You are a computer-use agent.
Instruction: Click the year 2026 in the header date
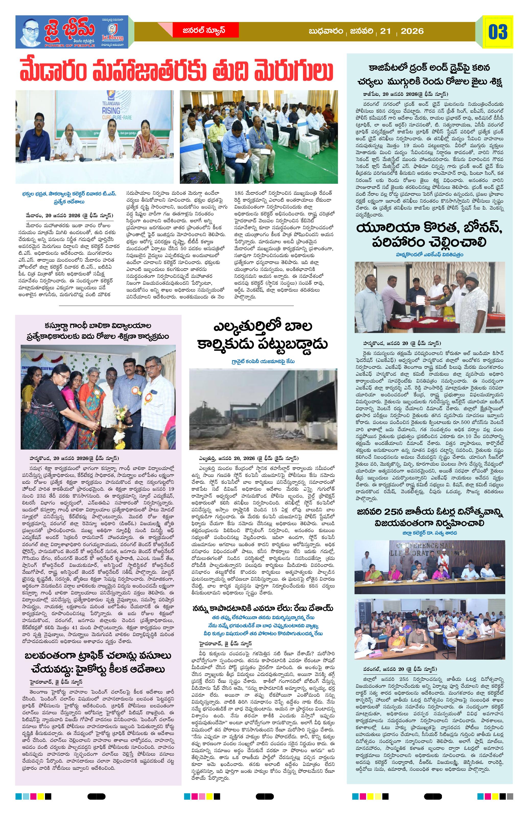tap(412, 31)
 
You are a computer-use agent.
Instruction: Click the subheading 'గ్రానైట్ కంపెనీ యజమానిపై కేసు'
tap(263, 361)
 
